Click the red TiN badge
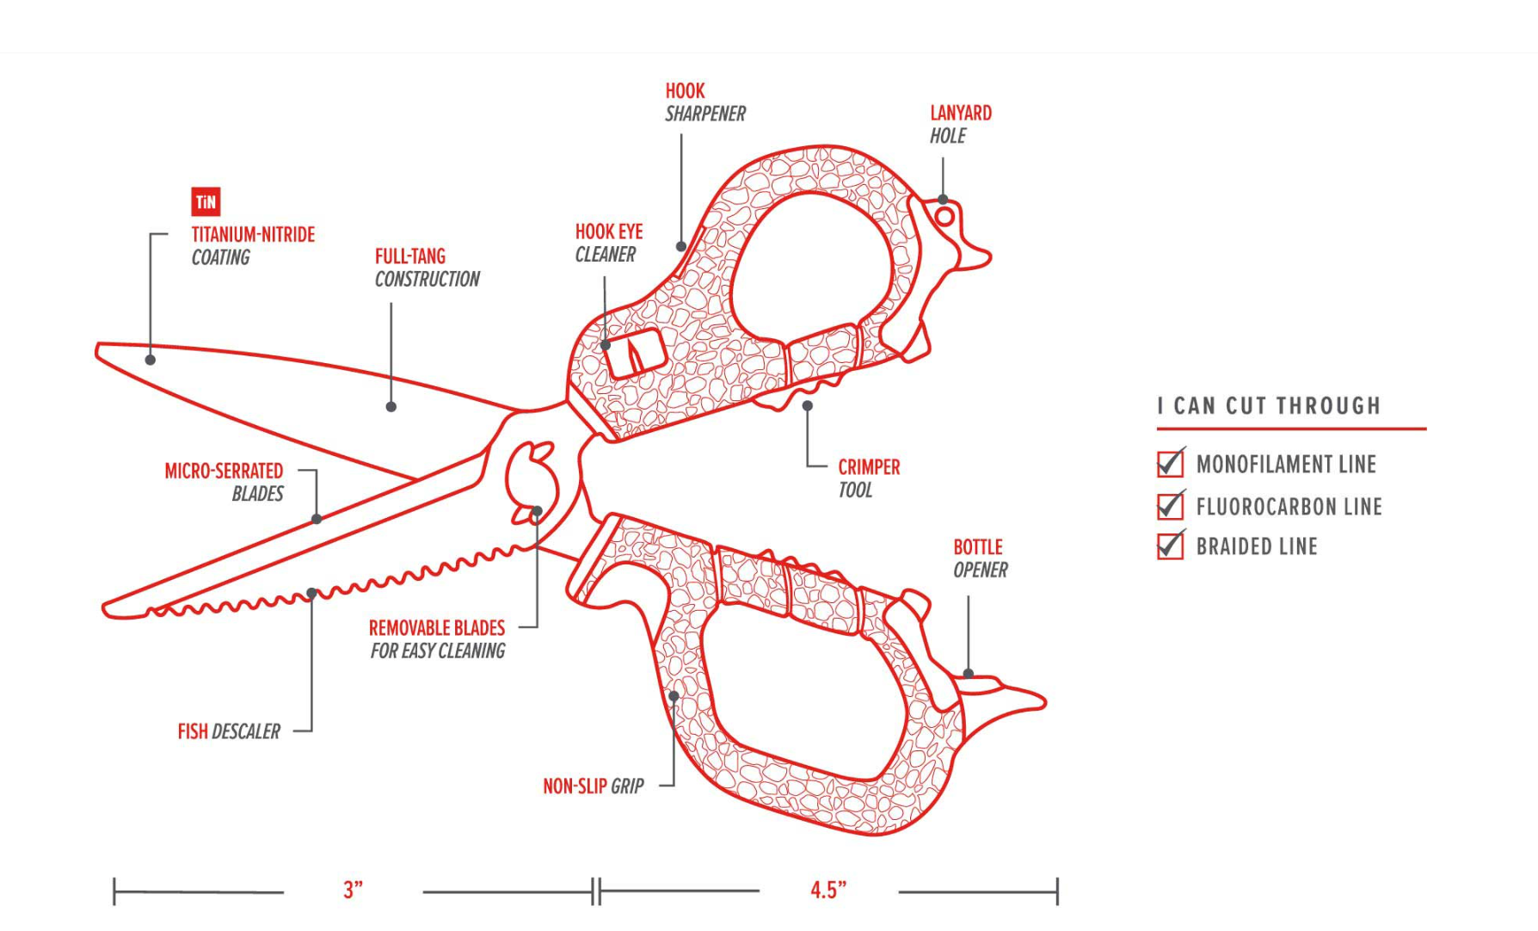point(206,202)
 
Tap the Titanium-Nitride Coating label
point(252,246)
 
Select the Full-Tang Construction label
point(427,268)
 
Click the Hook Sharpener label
point(704,102)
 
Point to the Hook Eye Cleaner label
point(608,243)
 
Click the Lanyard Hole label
point(960,125)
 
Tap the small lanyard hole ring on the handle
point(944,217)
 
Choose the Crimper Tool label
point(869,478)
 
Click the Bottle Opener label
point(980,558)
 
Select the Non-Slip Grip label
point(593,786)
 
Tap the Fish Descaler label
point(229,731)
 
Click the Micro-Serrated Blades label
point(224,482)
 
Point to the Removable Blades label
point(437,639)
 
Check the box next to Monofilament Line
point(1170,464)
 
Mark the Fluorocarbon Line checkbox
point(1170,506)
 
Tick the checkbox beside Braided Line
point(1170,546)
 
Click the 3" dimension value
point(353,891)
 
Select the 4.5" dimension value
point(827,891)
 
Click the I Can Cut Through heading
point(1269,406)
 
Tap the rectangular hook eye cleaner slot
point(634,354)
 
